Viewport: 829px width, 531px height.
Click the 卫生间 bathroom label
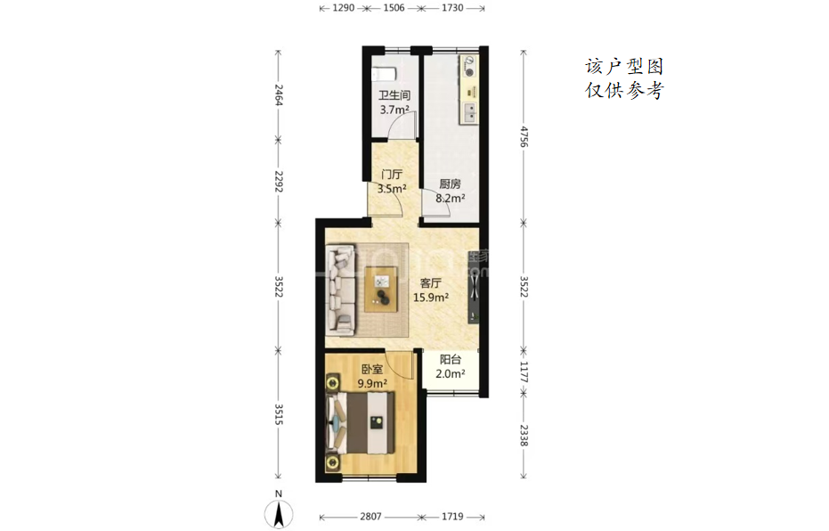(394, 95)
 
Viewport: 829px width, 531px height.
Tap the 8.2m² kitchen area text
(451, 199)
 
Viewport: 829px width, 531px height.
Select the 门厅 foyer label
(392, 174)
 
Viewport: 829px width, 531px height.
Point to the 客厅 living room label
(430, 283)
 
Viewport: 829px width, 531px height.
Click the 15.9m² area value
(431, 298)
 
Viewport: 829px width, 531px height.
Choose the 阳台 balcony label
(451, 360)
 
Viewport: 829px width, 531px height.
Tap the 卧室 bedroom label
(372, 369)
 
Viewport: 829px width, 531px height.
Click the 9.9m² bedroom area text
(372, 383)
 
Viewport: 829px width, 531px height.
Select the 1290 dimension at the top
(344, 8)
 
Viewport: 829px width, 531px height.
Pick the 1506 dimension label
(394, 8)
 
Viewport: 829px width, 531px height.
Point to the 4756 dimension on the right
(524, 136)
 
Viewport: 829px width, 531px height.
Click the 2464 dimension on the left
(279, 94)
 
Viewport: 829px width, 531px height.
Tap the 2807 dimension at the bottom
(370, 516)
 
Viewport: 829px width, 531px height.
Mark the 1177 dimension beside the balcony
(524, 372)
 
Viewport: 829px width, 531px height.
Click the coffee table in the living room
(380, 290)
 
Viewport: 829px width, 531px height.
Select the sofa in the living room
(340, 290)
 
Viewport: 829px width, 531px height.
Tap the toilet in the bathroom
(383, 74)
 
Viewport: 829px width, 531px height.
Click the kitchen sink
(469, 111)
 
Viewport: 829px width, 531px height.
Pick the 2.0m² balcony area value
(451, 374)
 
